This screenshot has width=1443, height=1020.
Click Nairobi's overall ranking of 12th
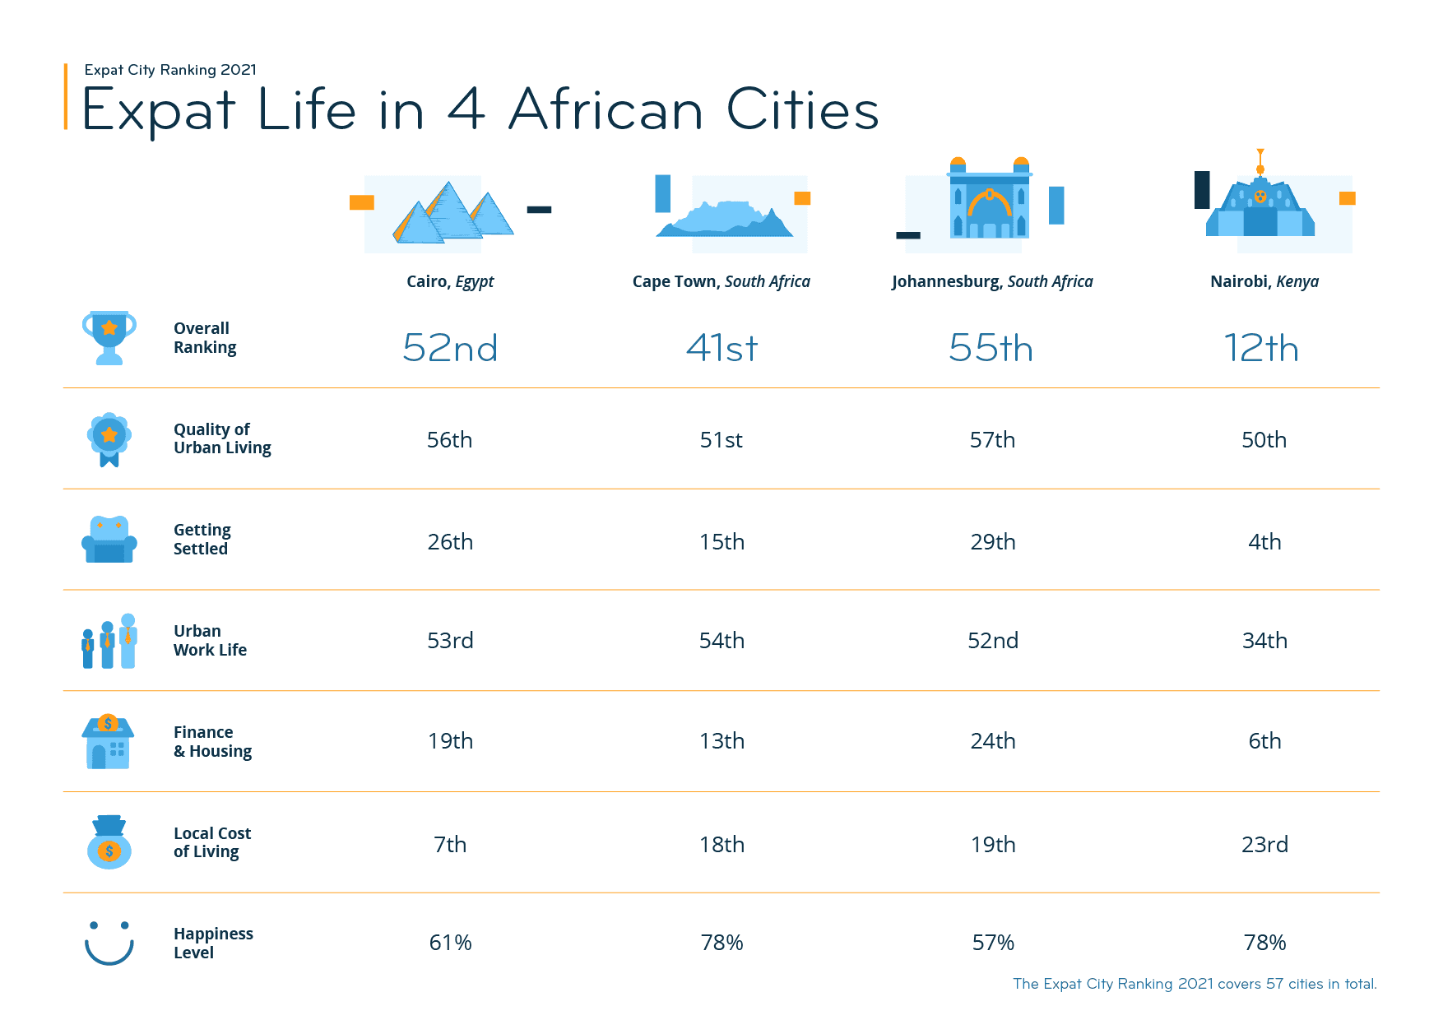click(1261, 348)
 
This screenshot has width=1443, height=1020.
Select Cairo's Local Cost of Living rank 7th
click(450, 845)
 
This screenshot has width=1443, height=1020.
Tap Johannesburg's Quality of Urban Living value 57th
click(992, 440)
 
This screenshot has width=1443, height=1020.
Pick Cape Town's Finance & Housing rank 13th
click(721, 741)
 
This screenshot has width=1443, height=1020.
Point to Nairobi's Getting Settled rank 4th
click(1264, 542)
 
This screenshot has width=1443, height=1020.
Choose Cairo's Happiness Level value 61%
click(450, 943)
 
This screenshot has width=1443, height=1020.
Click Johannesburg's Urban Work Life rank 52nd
click(992, 641)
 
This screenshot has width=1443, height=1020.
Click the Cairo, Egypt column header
click(450, 281)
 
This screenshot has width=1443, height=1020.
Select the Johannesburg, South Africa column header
click(992, 281)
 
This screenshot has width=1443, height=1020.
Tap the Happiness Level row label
click(213, 943)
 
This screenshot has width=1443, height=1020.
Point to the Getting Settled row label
click(202, 539)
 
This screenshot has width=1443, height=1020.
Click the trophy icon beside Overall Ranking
click(109, 337)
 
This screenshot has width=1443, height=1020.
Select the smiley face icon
click(109, 943)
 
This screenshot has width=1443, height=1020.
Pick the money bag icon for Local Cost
click(109, 843)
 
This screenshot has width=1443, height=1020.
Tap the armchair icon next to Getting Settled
click(109, 540)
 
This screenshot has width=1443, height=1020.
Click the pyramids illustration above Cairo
click(451, 214)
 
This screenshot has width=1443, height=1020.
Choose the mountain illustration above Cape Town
click(724, 219)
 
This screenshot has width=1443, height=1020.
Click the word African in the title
click(606, 110)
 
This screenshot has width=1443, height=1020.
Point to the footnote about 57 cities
click(1195, 984)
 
